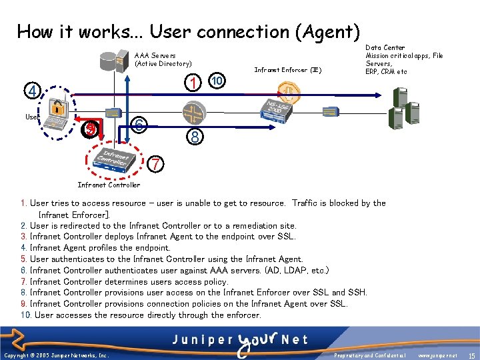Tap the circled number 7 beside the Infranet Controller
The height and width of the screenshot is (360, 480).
click(x=154, y=163)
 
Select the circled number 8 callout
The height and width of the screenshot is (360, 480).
click(x=193, y=137)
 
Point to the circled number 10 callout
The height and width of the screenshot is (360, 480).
click(x=216, y=81)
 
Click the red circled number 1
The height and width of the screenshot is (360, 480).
click(x=193, y=83)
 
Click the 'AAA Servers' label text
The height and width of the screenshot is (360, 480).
click(x=155, y=56)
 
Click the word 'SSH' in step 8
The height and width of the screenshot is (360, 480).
click(x=356, y=293)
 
